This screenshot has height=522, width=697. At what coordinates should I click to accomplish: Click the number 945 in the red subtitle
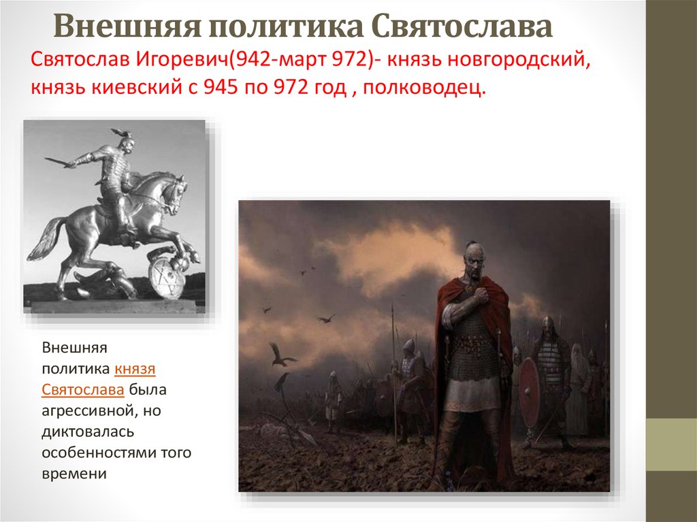(222, 88)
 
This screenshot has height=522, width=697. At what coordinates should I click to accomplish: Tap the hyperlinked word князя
(135, 369)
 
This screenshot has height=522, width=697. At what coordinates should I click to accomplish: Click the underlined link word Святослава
(82, 389)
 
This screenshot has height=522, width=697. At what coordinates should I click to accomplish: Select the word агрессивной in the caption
(89, 411)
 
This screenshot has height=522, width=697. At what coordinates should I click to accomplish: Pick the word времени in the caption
(74, 474)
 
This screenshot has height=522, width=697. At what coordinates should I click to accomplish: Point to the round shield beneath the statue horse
(167, 278)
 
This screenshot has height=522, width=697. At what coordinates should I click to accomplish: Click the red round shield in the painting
(529, 393)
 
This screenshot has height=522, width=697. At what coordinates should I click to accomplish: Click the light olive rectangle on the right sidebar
(671, 444)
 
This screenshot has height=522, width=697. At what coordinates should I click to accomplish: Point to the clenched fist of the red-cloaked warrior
(482, 294)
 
